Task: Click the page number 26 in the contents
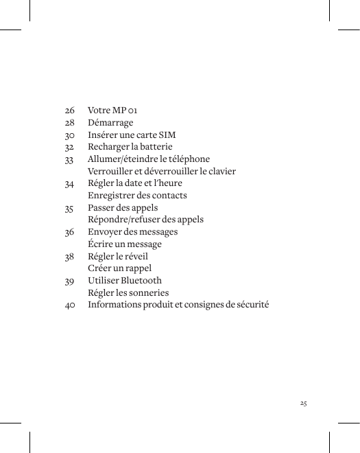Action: (69, 111)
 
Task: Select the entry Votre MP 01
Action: (112, 111)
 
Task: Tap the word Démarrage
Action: (110, 123)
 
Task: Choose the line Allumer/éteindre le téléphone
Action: (149, 159)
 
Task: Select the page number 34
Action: (69, 184)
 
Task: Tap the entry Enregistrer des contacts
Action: (137, 196)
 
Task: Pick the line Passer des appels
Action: (123, 208)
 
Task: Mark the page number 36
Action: (69, 232)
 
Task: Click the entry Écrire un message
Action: (125, 244)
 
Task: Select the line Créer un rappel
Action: (120, 268)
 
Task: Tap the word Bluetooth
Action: (141, 281)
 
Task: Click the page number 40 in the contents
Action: (70, 305)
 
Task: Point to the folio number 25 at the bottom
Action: (303, 403)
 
